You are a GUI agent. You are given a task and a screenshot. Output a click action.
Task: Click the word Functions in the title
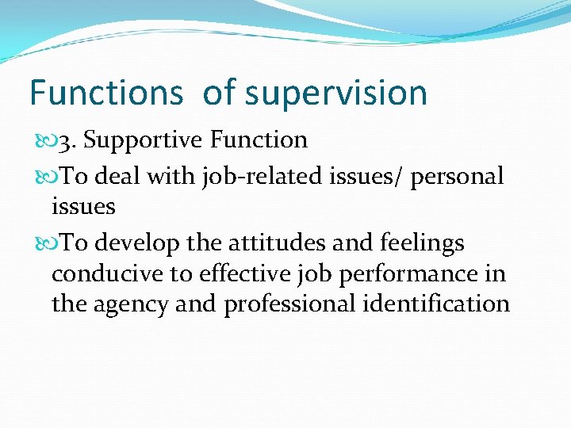(105, 93)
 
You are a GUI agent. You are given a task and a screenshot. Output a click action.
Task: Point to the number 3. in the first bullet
(67, 141)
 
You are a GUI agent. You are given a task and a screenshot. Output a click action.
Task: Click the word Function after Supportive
(259, 140)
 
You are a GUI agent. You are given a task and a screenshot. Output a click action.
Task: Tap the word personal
(457, 177)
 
